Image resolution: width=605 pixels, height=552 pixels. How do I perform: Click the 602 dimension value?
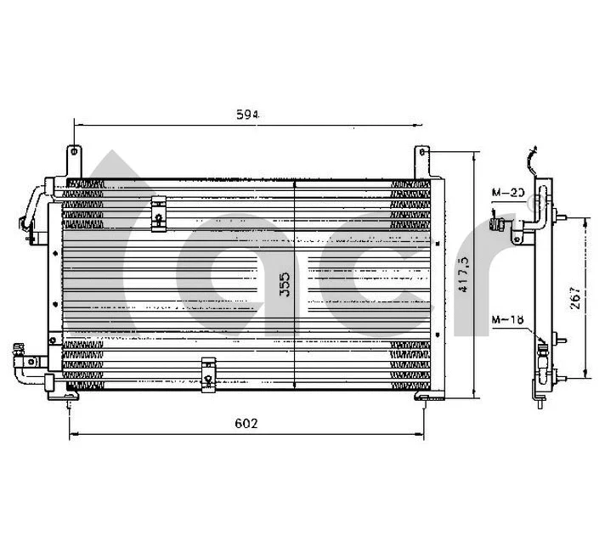(246, 423)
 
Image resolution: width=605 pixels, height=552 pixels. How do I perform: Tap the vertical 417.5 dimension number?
(465, 272)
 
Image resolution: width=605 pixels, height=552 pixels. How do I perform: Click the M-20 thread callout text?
(509, 194)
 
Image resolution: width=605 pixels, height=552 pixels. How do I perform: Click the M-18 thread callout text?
(506, 319)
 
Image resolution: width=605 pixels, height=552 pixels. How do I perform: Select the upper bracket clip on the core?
(158, 213)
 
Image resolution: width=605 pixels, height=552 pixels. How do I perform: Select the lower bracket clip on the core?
(208, 374)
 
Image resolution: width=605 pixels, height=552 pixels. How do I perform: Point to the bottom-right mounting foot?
(425, 397)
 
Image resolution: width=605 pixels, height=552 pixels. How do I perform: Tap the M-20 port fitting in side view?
(500, 224)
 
